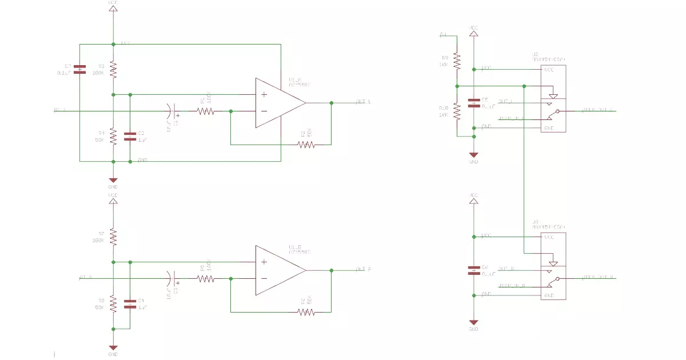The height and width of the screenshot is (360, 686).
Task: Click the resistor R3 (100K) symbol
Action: click(113, 70)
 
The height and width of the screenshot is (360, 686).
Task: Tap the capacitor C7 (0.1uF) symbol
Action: click(81, 69)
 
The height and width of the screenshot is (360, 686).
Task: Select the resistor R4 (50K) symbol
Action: click(113, 137)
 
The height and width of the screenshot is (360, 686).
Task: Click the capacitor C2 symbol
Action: click(130, 136)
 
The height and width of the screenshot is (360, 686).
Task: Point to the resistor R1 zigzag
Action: click(206, 111)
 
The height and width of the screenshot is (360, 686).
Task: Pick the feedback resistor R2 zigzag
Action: click(306, 145)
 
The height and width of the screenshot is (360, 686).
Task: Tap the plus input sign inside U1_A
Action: click(264, 94)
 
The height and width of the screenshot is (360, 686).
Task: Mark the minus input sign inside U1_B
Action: click(264, 279)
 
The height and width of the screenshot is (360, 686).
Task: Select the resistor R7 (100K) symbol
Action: click(113, 237)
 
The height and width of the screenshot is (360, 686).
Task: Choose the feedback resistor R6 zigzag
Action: click(306, 312)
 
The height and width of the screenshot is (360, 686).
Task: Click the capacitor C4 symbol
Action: click(130, 303)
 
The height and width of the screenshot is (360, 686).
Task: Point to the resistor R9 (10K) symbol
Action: click(457, 61)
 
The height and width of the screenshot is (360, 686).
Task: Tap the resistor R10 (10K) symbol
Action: click(457, 111)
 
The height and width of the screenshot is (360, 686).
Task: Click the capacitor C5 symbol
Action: click(473, 103)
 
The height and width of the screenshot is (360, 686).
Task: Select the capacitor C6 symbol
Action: click(473, 270)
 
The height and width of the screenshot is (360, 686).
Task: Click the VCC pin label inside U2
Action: click(549, 70)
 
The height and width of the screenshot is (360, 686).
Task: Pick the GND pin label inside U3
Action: click(549, 295)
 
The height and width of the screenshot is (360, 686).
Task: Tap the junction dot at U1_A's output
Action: click(331, 103)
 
